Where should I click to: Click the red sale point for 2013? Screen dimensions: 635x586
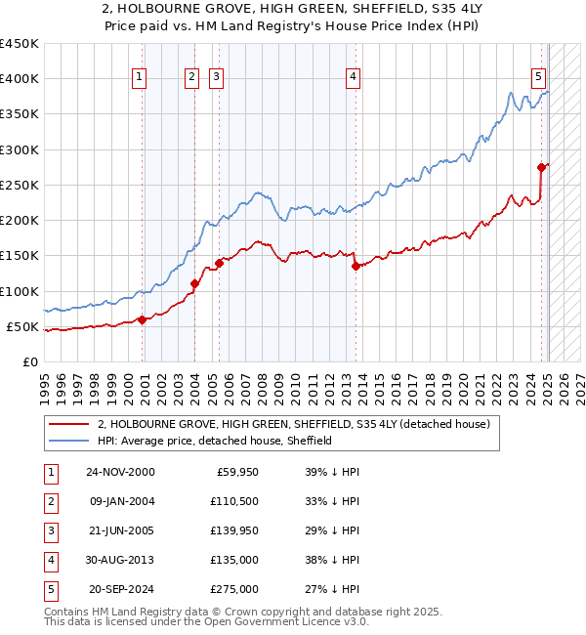tap(356, 266)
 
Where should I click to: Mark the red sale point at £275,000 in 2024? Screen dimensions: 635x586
tap(541, 167)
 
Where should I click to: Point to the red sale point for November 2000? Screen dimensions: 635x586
tap(143, 319)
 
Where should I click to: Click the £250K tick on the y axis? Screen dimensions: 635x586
tap(20, 185)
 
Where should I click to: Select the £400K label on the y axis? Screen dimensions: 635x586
tap(20, 79)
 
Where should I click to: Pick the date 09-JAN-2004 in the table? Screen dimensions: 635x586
tap(120, 501)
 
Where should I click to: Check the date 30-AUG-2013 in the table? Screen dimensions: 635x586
tap(120, 560)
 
